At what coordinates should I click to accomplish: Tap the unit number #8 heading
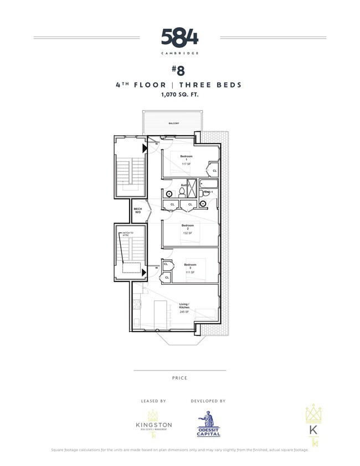click(x=178, y=71)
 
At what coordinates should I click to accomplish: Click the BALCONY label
click(x=174, y=123)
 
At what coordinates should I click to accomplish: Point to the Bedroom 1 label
click(x=186, y=158)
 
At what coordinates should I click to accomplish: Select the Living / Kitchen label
click(x=184, y=305)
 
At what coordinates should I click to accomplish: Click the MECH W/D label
click(x=138, y=211)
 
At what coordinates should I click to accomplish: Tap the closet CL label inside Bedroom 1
click(x=214, y=171)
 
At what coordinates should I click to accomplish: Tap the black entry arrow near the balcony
click(x=145, y=148)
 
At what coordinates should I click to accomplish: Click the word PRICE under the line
click(x=179, y=378)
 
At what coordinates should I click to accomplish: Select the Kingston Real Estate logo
click(x=154, y=421)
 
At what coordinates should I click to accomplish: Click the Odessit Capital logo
click(x=208, y=424)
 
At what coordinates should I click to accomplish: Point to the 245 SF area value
click(x=183, y=312)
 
